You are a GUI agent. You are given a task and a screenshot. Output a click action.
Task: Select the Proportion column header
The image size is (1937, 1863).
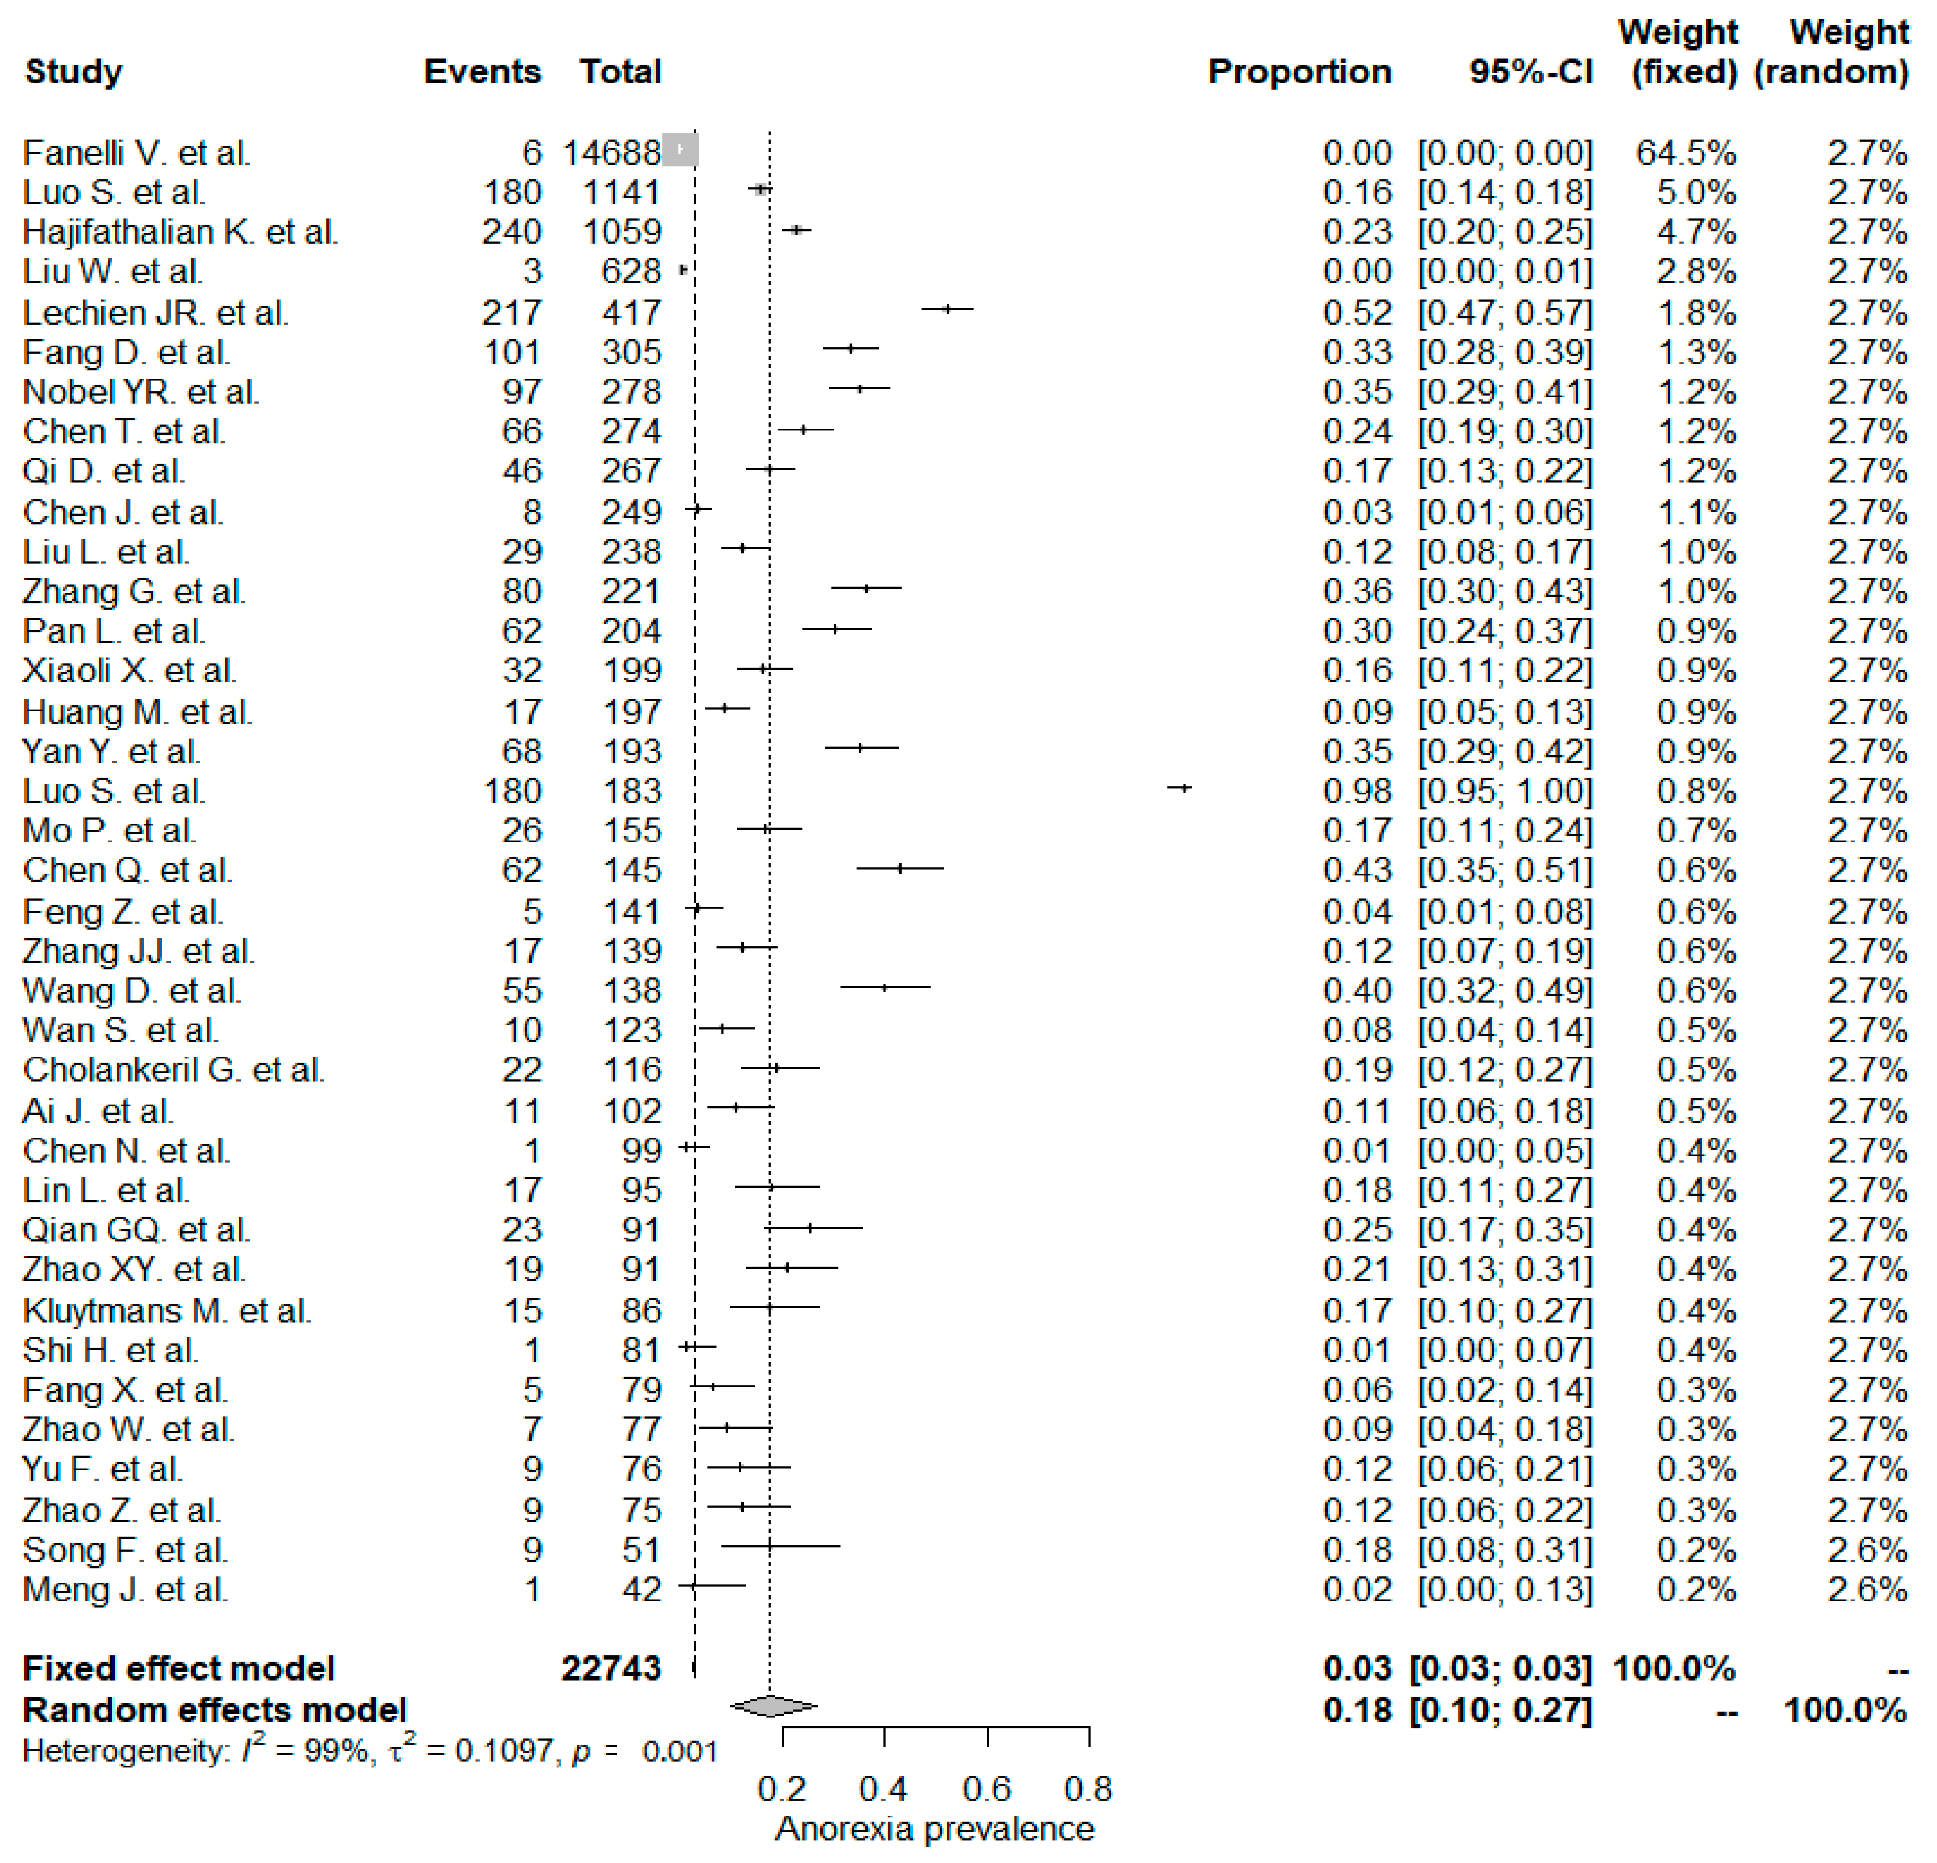(x=1299, y=72)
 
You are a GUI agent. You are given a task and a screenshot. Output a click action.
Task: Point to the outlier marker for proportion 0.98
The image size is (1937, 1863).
(x=1180, y=788)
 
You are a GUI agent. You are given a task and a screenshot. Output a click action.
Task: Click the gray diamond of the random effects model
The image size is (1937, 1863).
(x=773, y=1706)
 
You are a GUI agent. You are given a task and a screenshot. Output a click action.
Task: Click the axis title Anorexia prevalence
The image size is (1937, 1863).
(x=934, y=1829)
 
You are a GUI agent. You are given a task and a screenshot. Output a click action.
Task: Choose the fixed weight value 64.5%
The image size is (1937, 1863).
(x=1685, y=153)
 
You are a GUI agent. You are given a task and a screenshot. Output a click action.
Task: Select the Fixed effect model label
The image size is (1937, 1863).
(x=178, y=1668)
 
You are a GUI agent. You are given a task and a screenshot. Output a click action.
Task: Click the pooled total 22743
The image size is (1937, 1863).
(x=611, y=1668)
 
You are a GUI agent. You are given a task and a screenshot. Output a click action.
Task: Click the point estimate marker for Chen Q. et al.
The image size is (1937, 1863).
(x=900, y=869)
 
